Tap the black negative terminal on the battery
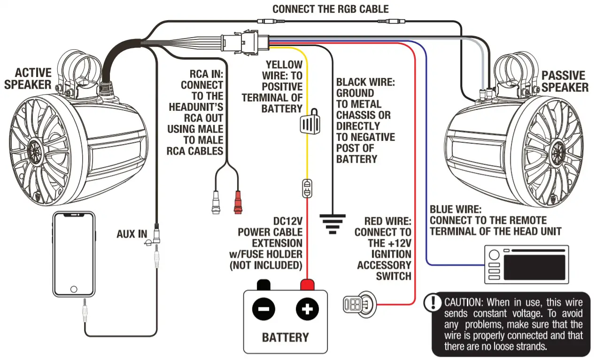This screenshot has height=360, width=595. pyautogui.click(x=263, y=285)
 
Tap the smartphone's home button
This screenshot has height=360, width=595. pyautogui.click(x=73, y=289)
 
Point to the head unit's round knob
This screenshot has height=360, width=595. pyautogui.click(x=494, y=255)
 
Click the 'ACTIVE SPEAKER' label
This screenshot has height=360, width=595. pyautogui.click(x=33, y=78)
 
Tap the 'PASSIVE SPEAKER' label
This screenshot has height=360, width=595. pyautogui.click(x=564, y=81)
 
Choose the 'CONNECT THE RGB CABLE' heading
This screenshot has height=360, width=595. pyautogui.click(x=331, y=9)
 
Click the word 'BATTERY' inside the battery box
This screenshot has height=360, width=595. pyautogui.click(x=285, y=337)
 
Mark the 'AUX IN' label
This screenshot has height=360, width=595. pyautogui.click(x=132, y=234)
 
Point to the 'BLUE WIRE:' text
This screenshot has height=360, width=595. pyautogui.click(x=455, y=209)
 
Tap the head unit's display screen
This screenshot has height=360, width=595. pyautogui.click(x=534, y=265)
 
